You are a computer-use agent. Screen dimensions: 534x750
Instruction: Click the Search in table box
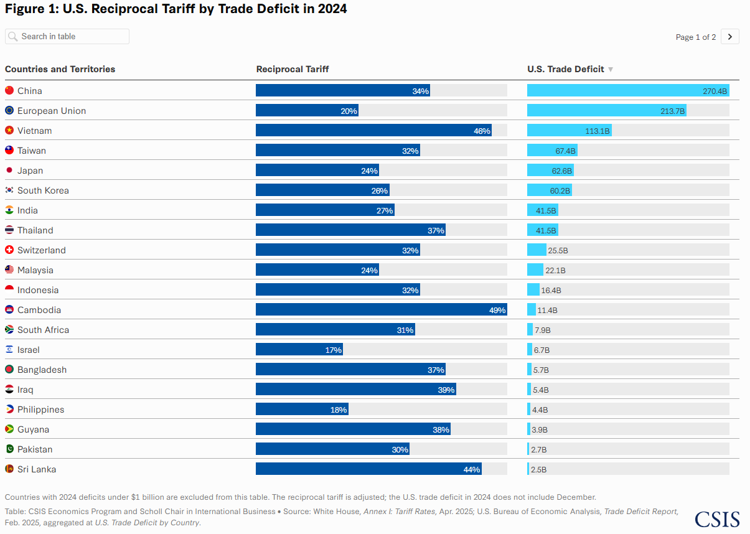[67, 37]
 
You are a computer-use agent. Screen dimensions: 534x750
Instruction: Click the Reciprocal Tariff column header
[293, 69]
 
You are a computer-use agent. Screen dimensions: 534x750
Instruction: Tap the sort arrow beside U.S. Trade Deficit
[611, 70]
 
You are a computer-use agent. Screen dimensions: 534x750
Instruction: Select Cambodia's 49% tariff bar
[381, 310]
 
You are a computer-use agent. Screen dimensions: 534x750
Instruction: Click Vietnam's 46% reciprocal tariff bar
[373, 131]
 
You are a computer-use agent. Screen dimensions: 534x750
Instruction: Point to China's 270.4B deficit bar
[627, 91]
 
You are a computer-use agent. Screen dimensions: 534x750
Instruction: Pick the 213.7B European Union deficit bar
[606, 111]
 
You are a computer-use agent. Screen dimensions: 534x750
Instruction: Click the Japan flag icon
[9, 171]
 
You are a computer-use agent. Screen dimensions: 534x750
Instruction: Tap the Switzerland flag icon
[9, 250]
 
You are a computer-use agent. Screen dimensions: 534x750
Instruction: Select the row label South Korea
[43, 190]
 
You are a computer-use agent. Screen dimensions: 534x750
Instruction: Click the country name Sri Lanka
[37, 469]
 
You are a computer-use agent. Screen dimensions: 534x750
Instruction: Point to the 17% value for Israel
[333, 350]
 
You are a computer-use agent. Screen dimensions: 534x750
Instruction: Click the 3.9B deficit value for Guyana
[540, 430]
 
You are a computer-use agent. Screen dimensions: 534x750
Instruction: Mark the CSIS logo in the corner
[717, 519]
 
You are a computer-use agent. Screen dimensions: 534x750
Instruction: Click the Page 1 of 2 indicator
[695, 37]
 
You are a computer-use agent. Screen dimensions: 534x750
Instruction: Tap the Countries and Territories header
[60, 69]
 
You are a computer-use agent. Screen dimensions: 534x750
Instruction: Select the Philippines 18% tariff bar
[302, 410]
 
